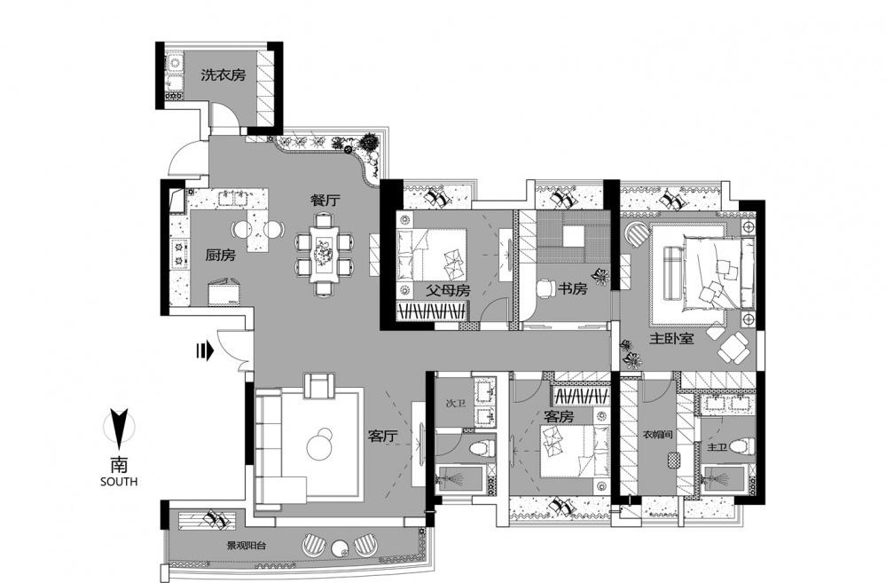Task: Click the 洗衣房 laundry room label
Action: [x=223, y=75]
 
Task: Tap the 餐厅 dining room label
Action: [x=325, y=201]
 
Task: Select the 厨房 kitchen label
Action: [x=220, y=256]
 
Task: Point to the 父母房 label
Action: [x=448, y=291]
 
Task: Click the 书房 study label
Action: [x=573, y=289]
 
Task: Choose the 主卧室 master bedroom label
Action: [x=671, y=339]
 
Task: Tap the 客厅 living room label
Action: [x=383, y=436]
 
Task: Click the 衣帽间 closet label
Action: [x=657, y=435]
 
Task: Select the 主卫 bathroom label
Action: [x=717, y=447]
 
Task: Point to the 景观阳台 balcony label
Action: [x=247, y=546]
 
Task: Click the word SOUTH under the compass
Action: [x=119, y=482]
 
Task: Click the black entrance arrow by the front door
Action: [x=205, y=351]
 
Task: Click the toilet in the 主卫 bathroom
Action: [x=743, y=446]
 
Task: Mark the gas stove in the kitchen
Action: [x=180, y=253]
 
